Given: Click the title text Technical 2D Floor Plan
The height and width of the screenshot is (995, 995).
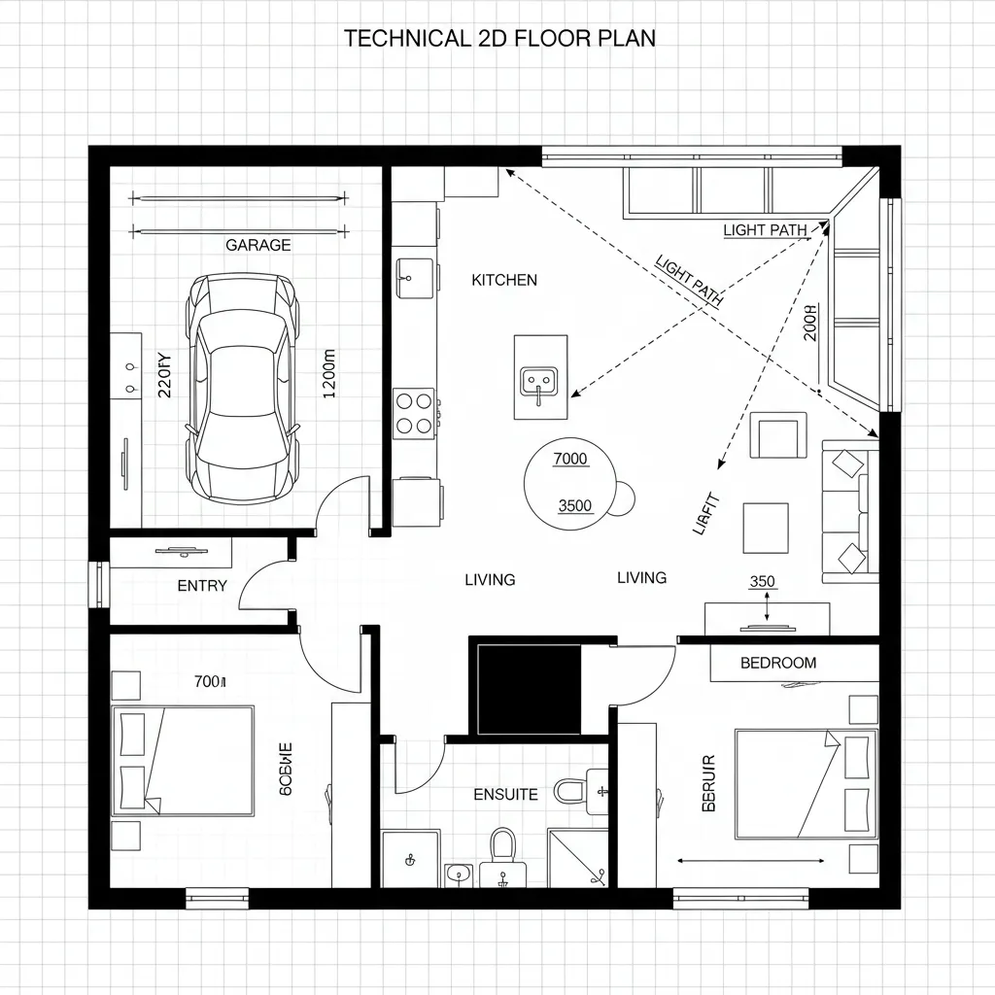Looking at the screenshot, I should pyautogui.click(x=499, y=39).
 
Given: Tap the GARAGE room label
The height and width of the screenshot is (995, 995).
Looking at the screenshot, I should pyautogui.click(x=257, y=246).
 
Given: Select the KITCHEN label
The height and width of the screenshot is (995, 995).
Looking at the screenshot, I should pyautogui.click(x=503, y=280).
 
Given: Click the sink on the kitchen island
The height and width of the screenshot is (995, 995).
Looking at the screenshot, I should pyautogui.click(x=539, y=380).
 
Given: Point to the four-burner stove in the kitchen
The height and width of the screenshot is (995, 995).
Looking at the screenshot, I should pyautogui.click(x=413, y=411).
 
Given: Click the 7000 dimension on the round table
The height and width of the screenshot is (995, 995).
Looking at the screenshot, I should pyautogui.click(x=569, y=459).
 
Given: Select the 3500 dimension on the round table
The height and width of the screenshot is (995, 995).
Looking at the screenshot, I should pyautogui.click(x=575, y=505).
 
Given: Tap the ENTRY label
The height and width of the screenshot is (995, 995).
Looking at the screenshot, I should pyautogui.click(x=202, y=586).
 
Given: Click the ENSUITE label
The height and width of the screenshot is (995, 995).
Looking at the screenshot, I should pyautogui.click(x=505, y=795).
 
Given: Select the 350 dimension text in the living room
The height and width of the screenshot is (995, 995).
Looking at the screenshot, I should pyautogui.click(x=762, y=582).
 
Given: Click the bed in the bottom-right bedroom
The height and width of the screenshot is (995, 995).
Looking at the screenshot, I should pyautogui.click(x=806, y=783).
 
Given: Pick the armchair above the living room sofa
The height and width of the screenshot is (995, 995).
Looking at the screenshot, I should pyautogui.click(x=778, y=435).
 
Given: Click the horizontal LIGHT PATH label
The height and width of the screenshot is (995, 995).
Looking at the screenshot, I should pyautogui.click(x=765, y=230).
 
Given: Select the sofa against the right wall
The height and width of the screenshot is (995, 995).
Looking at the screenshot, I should pyautogui.click(x=849, y=511).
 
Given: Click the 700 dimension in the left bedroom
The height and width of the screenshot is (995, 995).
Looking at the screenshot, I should pyautogui.click(x=209, y=682).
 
